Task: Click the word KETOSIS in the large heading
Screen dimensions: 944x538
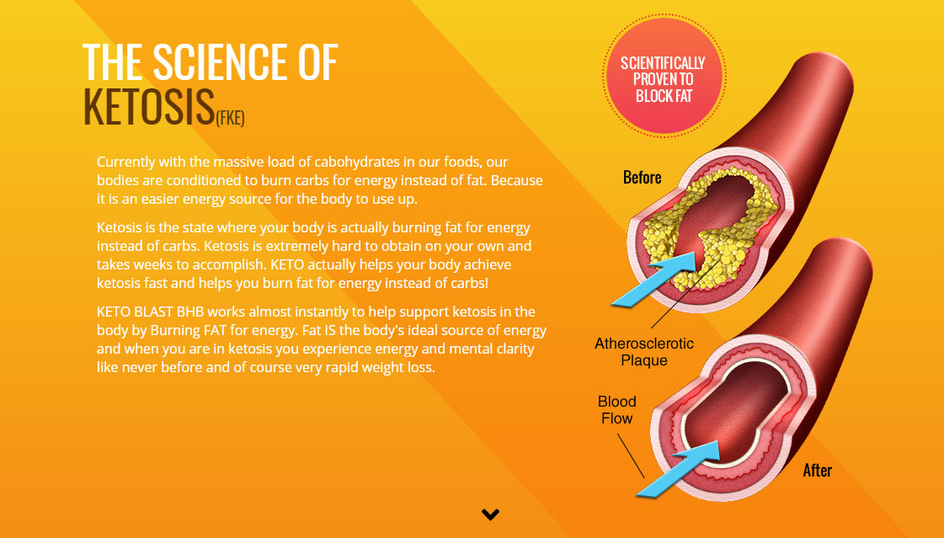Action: (149, 107)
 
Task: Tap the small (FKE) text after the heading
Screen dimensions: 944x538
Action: (230, 117)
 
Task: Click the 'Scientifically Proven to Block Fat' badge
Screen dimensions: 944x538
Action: (664, 75)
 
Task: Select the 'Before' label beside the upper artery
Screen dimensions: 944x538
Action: (642, 178)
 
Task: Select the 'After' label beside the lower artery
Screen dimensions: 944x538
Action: (817, 470)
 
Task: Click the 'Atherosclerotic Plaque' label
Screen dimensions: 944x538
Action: (643, 351)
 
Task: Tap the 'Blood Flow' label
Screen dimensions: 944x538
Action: (617, 410)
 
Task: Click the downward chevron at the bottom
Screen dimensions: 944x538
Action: (490, 514)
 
